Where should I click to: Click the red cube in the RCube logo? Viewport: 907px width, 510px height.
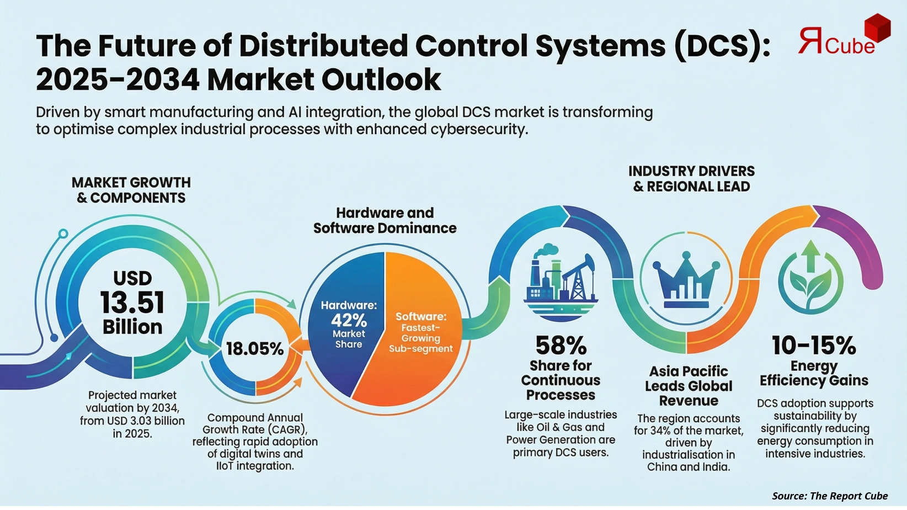pos(877,28)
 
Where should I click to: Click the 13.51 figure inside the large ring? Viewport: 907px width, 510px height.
pos(132,302)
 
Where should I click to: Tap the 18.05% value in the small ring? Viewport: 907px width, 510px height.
pos(255,349)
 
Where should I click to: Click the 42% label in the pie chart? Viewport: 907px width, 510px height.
pos(349,320)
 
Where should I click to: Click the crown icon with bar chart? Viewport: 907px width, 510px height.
pos(687,280)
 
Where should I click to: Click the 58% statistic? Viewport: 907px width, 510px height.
pos(561,346)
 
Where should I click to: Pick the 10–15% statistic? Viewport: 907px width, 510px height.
pos(814,346)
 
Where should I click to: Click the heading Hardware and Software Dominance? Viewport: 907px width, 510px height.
pos(385,220)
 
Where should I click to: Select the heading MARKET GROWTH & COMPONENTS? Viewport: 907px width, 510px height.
pos(131,190)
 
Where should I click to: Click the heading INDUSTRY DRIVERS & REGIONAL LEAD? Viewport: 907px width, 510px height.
pos(691,179)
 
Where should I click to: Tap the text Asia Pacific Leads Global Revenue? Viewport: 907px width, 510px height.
pos(689,386)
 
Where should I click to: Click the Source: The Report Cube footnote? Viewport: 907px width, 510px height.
pos(830,496)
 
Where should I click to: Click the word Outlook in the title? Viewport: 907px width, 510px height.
pos(381,79)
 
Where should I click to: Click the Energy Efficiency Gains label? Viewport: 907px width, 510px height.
pos(814,373)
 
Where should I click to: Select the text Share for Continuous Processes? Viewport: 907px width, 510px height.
pos(561,380)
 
